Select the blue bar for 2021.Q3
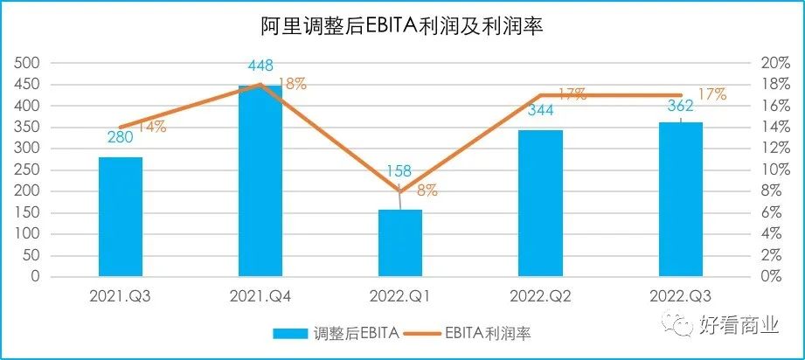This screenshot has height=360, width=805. (121, 217)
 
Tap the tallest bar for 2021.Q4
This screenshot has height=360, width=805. (260, 181)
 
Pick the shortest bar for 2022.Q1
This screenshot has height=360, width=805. (400, 243)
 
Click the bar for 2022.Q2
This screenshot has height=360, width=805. (540, 203)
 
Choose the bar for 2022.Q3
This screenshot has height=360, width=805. (680, 199)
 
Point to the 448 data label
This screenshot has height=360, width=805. (260, 66)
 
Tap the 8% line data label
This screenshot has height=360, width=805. (427, 190)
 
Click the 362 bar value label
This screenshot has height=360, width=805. (679, 107)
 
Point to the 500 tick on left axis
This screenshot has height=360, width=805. (29, 63)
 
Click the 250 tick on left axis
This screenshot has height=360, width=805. (29, 170)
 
